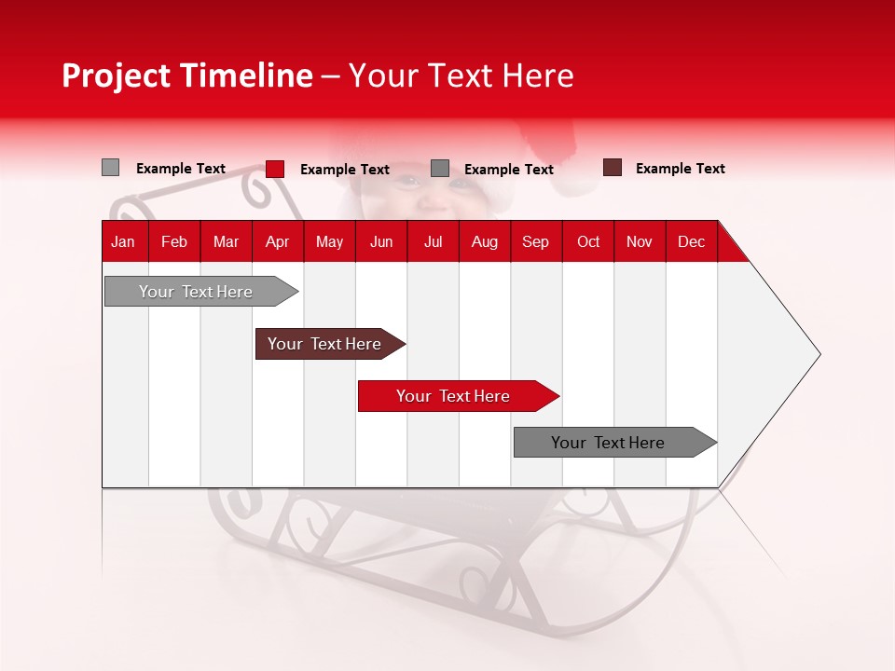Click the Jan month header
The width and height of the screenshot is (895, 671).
click(x=123, y=242)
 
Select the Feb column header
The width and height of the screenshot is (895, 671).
click(x=174, y=242)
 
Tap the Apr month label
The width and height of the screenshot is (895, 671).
click(x=278, y=242)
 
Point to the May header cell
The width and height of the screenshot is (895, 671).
click(x=329, y=242)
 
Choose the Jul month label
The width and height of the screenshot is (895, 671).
click(x=434, y=242)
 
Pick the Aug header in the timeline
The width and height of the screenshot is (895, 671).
click(x=485, y=242)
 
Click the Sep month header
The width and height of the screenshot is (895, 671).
click(x=535, y=242)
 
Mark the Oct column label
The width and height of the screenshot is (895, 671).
click(x=588, y=242)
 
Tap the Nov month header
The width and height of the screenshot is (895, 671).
click(x=640, y=242)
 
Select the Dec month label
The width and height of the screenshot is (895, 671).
click(x=691, y=242)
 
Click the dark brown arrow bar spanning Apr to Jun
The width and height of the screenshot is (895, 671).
click(x=330, y=344)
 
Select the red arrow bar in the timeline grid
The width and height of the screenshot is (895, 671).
click(x=459, y=396)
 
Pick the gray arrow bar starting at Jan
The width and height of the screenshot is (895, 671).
click(x=201, y=292)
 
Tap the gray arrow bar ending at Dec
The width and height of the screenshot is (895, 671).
click(x=615, y=442)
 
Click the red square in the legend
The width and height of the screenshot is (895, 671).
click(x=275, y=169)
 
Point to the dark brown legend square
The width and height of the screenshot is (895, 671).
click(x=613, y=167)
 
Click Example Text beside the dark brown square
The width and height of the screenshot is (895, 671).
click(x=681, y=169)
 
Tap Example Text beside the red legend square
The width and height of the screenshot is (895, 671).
click(x=345, y=170)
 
